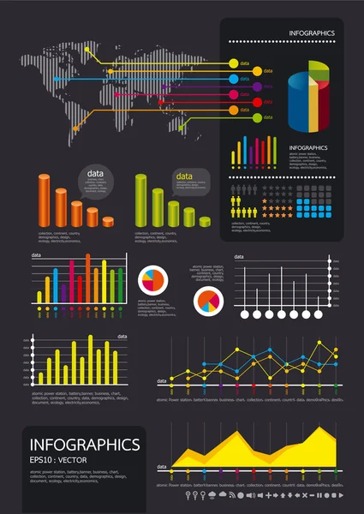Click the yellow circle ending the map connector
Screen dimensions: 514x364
click(x=232, y=63)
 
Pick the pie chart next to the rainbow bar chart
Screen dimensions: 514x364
click(x=152, y=279)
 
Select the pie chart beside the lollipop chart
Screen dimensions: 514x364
click(x=208, y=302)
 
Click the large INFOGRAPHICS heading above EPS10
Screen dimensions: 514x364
click(x=85, y=445)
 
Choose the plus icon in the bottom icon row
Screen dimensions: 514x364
click(x=270, y=495)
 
